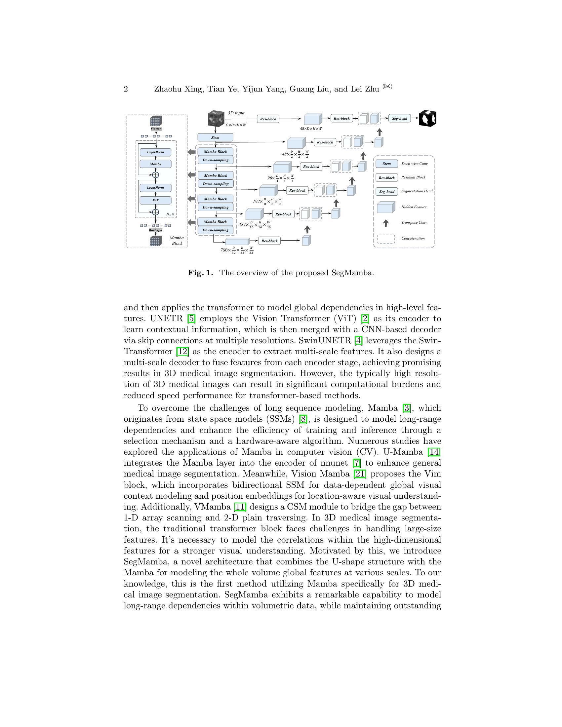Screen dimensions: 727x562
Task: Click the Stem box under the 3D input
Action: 215,137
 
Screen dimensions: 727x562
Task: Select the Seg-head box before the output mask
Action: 399,118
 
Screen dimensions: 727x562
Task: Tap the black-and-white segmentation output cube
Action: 427,119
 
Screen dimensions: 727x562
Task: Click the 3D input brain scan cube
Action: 217,119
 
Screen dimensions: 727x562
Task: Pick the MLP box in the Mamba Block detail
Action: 155,200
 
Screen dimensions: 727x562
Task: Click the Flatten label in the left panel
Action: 156,129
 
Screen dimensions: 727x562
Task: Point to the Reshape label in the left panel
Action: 155,230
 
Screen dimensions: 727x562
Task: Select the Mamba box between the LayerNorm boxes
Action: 155,164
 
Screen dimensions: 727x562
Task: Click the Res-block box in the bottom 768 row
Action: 269,241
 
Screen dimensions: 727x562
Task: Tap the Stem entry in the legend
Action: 386,164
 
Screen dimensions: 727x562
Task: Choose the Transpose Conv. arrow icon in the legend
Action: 385,223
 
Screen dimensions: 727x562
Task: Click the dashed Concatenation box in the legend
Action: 386,239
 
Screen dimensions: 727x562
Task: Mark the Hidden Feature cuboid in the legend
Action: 386,207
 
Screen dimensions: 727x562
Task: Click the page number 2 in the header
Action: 126,89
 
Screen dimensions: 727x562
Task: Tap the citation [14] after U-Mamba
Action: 434,452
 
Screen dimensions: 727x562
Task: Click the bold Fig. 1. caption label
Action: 200,273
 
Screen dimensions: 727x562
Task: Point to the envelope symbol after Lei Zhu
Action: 387,86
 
